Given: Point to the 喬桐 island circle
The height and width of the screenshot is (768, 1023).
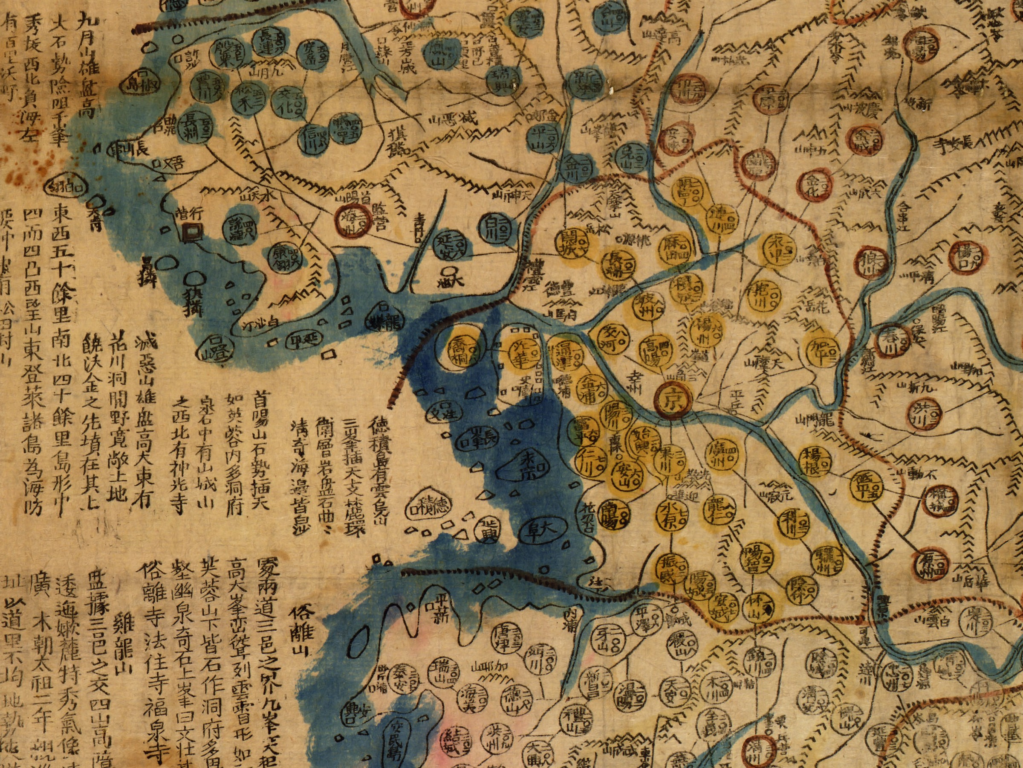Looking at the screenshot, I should click(461, 352).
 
